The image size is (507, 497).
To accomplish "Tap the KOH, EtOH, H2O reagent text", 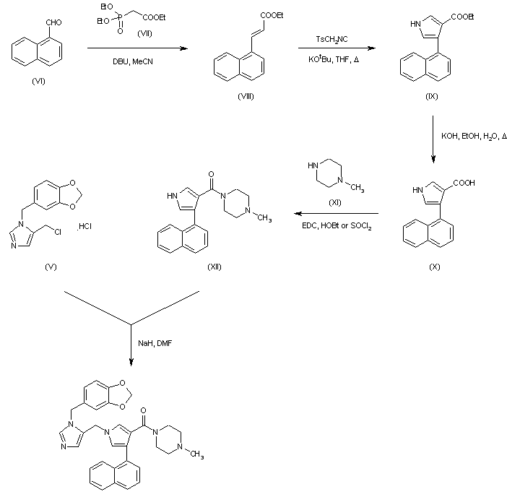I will pos(474,137).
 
